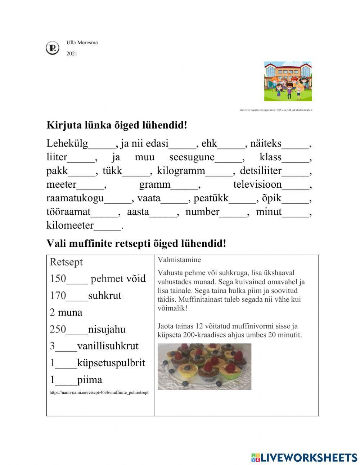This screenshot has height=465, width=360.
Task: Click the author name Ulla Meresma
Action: pyautogui.click(x=82, y=43)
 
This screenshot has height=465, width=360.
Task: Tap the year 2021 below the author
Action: pyautogui.click(x=72, y=54)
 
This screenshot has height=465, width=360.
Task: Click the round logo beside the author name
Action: pyautogui.click(x=53, y=48)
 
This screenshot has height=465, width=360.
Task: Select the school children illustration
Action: pyautogui.click(x=288, y=81)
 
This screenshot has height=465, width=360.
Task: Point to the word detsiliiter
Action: pyautogui.click(x=261, y=171)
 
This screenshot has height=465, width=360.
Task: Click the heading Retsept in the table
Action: pyautogui.click(x=66, y=262)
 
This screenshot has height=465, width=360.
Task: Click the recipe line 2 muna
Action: pyautogui.click(x=66, y=312)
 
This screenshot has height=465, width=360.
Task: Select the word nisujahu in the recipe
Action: pyautogui.click(x=107, y=329)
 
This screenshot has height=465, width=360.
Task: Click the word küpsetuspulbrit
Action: pyautogui.click(x=111, y=363)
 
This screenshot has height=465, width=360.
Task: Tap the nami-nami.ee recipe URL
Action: pyautogui.click(x=99, y=392)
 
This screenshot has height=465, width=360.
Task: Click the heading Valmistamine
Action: pyautogui.click(x=179, y=260)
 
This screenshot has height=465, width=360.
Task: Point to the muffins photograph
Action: pyautogui.click(x=204, y=366)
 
